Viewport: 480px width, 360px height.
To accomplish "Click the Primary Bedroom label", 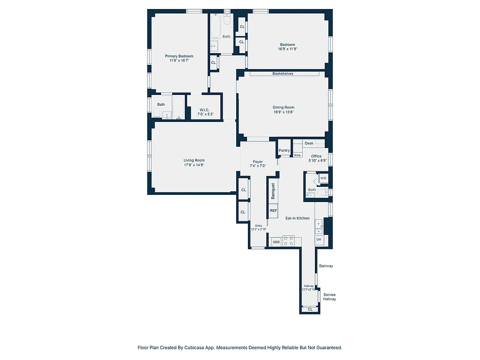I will tap(179, 56).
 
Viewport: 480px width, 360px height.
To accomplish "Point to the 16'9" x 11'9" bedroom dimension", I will tap(287, 49).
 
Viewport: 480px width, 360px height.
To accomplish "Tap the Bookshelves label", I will tap(283, 73).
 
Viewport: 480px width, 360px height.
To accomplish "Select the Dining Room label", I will tap(283, 108).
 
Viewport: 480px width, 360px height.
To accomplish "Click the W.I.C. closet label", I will tap(205, 110).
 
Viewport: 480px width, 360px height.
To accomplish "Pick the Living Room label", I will tap(194, 160).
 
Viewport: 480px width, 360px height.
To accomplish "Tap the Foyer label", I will tap(258, 162).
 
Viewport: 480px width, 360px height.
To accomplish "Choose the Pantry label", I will tap(284, 150).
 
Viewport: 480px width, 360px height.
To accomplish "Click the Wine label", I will tap(297, 155).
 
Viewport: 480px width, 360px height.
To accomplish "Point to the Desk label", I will tap(309, 143).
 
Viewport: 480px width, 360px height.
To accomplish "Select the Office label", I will tap(316, 156).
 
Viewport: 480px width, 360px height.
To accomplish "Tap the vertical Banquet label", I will tap(273, 191).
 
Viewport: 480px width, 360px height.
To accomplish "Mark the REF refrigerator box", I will tap(273, 210).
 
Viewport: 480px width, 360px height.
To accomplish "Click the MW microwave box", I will tap(276, 242).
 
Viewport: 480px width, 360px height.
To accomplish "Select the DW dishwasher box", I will tap(319, 239).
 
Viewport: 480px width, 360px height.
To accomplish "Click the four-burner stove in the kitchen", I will tap(288, 239).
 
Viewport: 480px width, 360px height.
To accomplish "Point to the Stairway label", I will tap(326, 266).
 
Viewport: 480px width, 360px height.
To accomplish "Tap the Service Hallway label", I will tap(329, 297).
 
